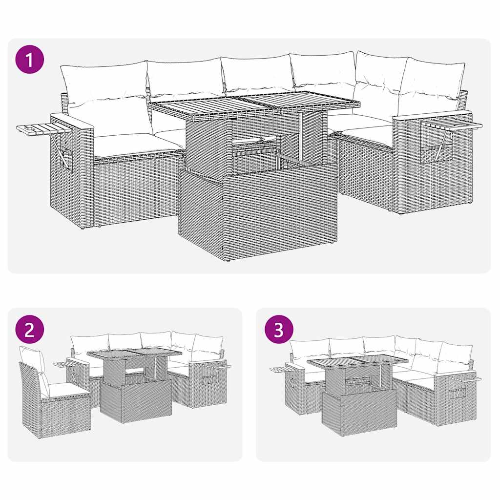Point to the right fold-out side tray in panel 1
[x=452, y=125]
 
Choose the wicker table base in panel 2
[x=135, y=400]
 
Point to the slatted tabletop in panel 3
[x=357, y=362]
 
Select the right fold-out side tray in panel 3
[x=466, y=378]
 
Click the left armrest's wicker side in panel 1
[x=71, y=171]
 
